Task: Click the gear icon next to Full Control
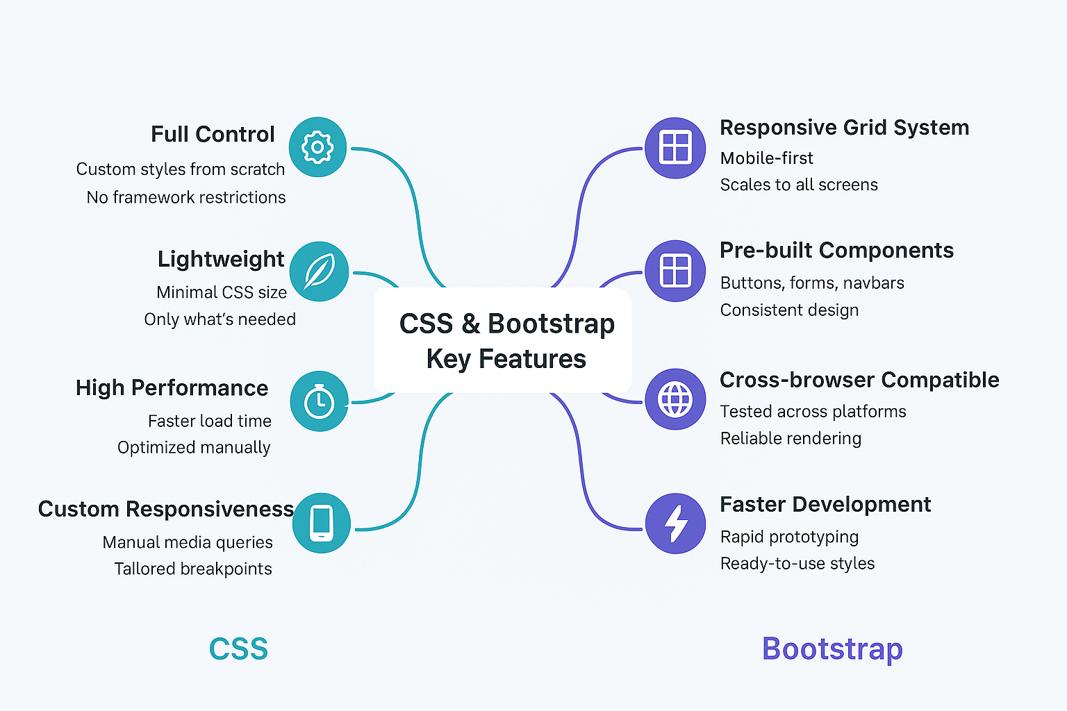coord(317,147)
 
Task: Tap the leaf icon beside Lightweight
coord(319,271)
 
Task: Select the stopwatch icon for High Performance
coord(319,401)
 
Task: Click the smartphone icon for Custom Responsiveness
coord(321,523)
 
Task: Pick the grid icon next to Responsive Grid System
coord(675,148)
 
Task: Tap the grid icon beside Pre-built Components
coord(675,271)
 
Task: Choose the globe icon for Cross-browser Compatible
coord(675,399)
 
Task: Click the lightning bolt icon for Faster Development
coord(675,523)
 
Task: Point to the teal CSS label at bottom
coord(238,649)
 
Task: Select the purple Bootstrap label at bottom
coord(832,649)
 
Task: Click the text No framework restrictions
coord(186,197)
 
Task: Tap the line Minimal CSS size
coord(222,292)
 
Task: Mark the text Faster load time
coord(210,421)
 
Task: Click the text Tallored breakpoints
coord(193,569)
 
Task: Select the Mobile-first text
coord(766,158)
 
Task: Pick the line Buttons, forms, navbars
coord(812,283)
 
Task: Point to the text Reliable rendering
coord(791,438)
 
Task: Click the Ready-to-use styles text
coord(797,563)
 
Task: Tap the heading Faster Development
coord(825,504)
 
